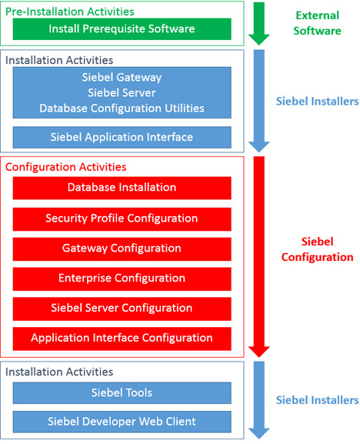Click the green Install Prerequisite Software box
(122, 29)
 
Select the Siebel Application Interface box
(122, 137)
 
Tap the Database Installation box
(122, 188)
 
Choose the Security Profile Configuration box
(122, 219)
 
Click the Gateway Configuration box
(122, 249)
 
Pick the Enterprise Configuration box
(122, 279)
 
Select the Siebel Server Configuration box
(122, 309)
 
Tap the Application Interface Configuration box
(122, 338)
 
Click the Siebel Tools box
(122, 393)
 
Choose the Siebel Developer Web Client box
(122, 421)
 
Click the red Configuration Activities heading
(65, 167)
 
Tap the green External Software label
(316, 23)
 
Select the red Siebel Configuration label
(317, 249)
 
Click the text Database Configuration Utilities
(122, 108)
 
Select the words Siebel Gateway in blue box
(122, 77)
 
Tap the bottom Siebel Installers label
(317, 400)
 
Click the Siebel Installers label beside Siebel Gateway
(317, 100)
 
